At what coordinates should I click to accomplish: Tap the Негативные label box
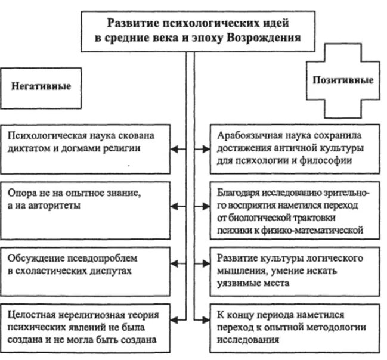click(41, 85)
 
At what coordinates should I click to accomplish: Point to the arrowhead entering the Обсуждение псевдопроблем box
click(175, 265)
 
